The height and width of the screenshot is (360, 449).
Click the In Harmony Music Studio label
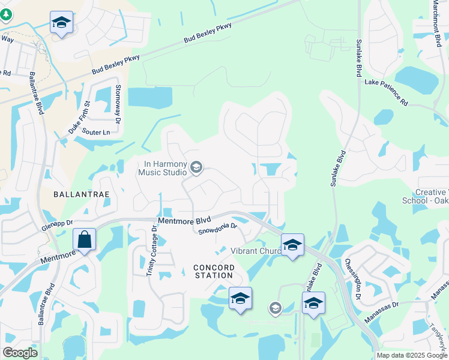162,168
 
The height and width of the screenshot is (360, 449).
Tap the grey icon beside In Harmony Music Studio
196,167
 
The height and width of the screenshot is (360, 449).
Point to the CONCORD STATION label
212,271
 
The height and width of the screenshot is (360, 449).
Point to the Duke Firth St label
79,118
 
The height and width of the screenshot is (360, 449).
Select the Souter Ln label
97,132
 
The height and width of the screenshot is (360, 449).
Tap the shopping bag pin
85,240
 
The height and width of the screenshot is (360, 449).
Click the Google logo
20,353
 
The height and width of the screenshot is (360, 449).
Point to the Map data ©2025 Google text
411,355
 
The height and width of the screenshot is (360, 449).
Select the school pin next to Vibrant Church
292,245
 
